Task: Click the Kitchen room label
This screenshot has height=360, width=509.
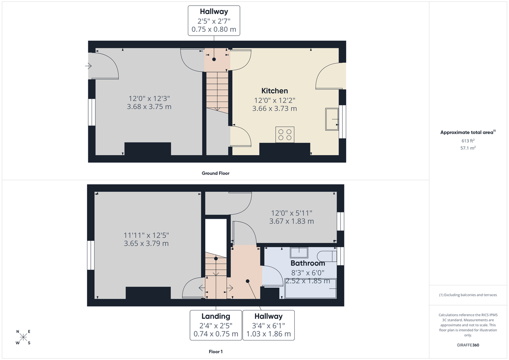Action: pyautogui.click(x=274, y=91)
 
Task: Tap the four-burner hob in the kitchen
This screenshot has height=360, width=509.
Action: pyautogui.click(x=284, y=134)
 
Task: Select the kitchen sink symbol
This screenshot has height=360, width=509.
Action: pyautogui.click(x=332, y=119)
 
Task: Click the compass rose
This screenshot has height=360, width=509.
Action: pyautogui.click(x=23, y=338)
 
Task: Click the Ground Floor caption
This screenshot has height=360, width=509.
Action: pyautogui.click(x=215, y=173)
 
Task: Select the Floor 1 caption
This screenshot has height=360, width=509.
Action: pyautogui.click(x=215, y=352)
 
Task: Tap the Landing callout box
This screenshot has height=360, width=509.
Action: pyautogui.click(x=215, y=325)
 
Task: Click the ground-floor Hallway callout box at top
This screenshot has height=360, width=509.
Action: pyautogui.click(x=214, y=20)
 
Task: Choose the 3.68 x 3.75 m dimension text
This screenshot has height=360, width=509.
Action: pyautogui.click(x=149, y=107)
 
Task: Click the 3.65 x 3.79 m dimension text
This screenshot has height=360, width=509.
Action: pyautogui.click(x=146, y=243)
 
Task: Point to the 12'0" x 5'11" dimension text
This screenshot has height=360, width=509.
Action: pyautogui.click(x=292, y=213)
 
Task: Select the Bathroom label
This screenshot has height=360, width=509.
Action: pyautogui.click(x=308, y=263)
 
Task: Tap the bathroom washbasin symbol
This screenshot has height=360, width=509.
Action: pyautogui.click(x=300, y=253)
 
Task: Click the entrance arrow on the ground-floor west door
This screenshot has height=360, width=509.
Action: pyautogui.click(x=88, y=66)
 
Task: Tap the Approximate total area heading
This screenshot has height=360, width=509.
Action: pyautogui.click(x=467, y=132)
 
